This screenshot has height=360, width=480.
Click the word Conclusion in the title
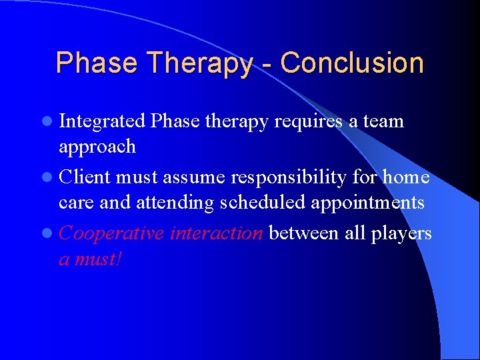pyautogui.click(x=352, y=63)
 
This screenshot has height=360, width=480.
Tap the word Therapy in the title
pyautogui.click(x=201, y=63)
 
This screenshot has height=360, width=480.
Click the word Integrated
pyautogui.click(x=102, y=122)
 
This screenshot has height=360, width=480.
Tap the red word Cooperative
pyautogui.click(x=111, y=233)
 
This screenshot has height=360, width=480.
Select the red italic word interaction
pyautogui.click(x=217, y=233)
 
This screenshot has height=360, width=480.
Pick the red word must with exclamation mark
pyautogui.click(x=97, y=259)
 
